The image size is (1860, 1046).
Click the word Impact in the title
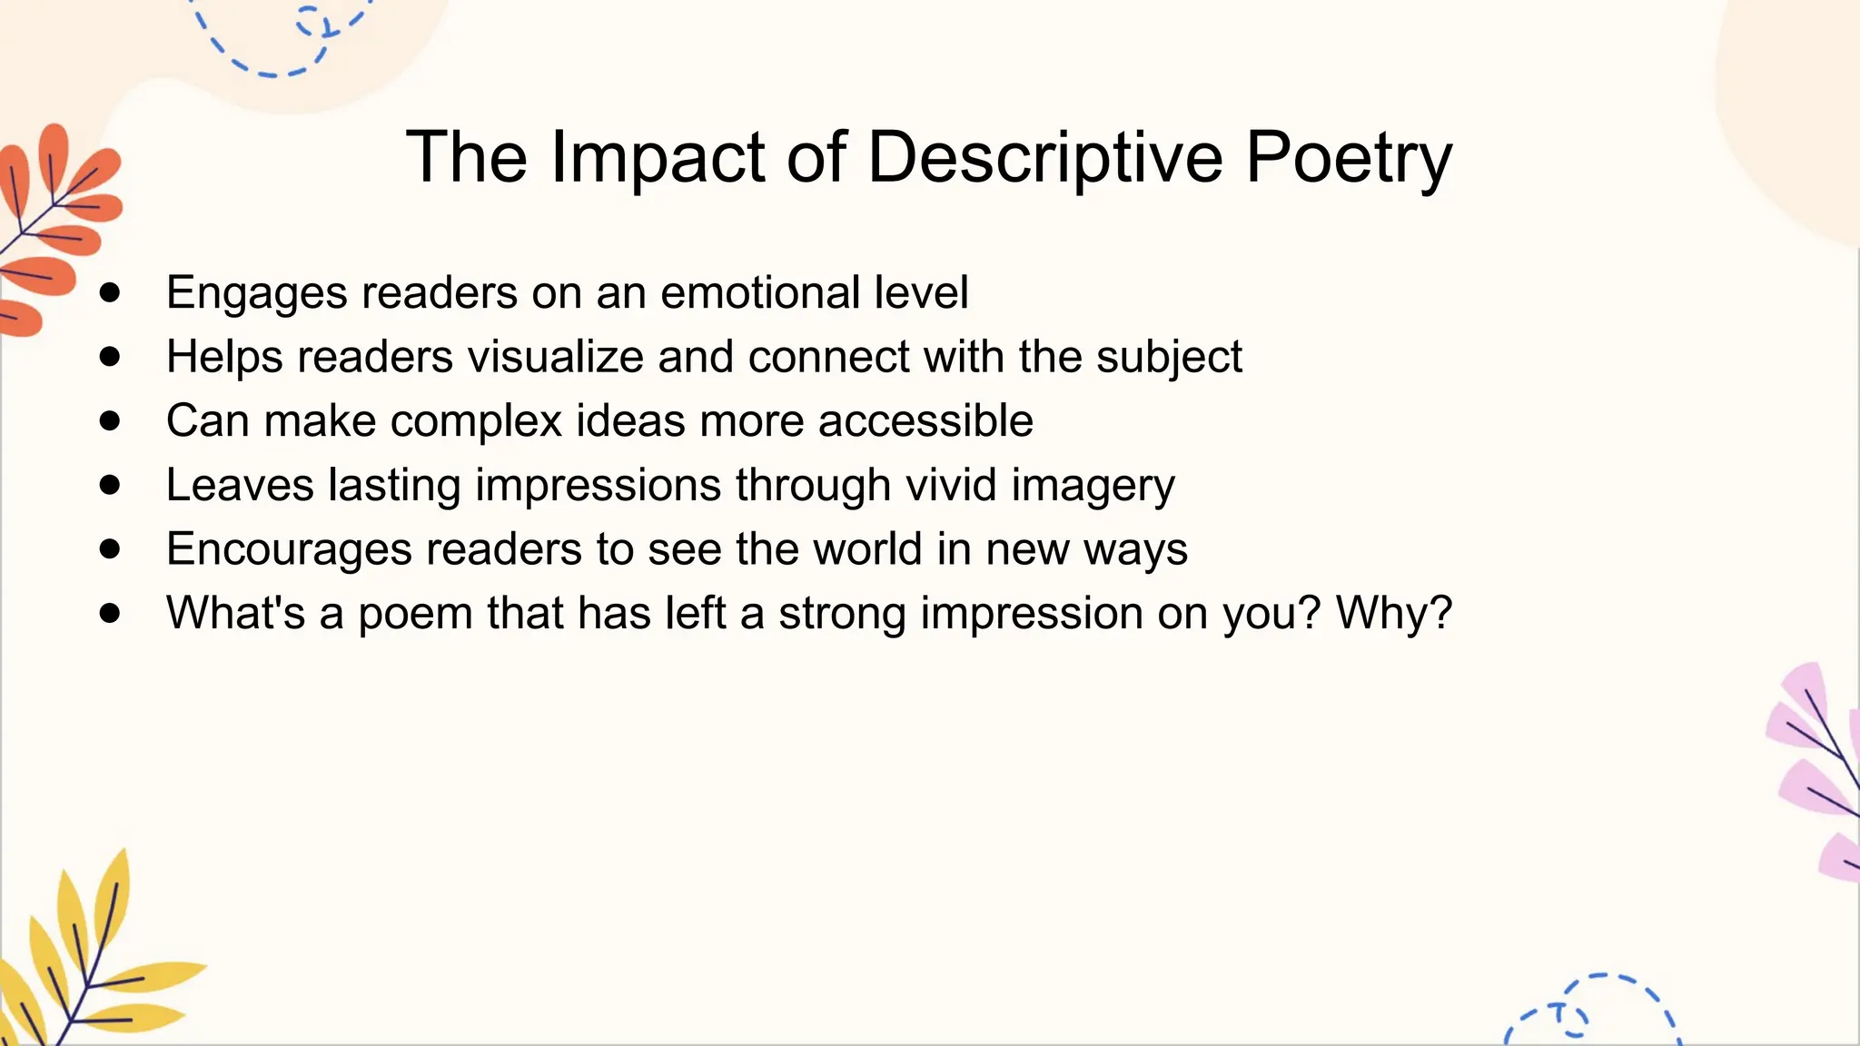(658, 158)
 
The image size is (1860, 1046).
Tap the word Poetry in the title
(1349, 158)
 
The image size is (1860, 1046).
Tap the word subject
(1169, 357)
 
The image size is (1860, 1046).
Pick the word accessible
(925, 421)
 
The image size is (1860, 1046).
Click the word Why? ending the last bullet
(1394, 613)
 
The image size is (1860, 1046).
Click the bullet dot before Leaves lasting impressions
(110, 485)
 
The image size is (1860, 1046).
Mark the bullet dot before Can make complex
(110, 420)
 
